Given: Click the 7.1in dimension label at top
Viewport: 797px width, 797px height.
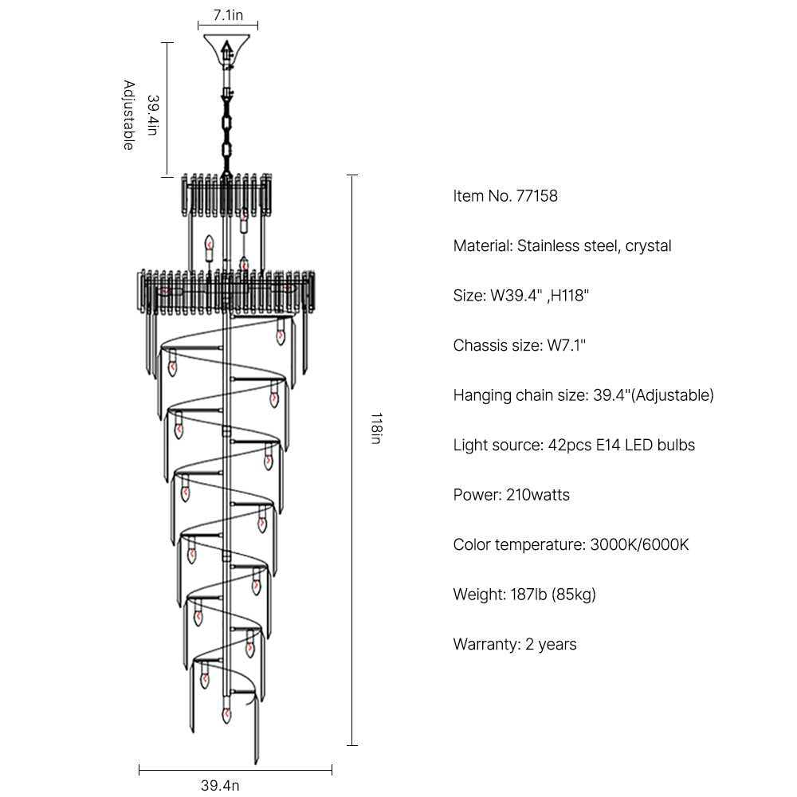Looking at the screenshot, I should [x=228, y=14].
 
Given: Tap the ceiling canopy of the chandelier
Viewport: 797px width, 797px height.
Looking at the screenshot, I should [x=228, y=46].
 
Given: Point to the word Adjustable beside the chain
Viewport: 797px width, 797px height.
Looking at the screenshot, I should [x=128, y=115].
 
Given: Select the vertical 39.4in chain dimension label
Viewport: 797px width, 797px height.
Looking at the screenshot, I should [x=152, y=115].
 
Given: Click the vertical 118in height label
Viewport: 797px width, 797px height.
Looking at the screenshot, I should [x=375, y=429].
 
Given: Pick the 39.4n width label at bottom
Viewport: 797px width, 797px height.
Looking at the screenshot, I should [x=220, y=785].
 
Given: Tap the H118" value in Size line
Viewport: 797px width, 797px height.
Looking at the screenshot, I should [x=564, y=296].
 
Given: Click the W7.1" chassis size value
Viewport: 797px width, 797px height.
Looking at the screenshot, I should [x=566, y=345].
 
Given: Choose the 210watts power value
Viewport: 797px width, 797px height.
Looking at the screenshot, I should [x=538, y=495].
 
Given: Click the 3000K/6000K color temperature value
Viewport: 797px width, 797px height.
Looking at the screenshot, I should [x=639, y=545].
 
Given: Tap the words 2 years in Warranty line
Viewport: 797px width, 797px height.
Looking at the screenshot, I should [x=551, y=644].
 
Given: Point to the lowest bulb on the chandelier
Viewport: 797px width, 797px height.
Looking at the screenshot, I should [x=227, y=714].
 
